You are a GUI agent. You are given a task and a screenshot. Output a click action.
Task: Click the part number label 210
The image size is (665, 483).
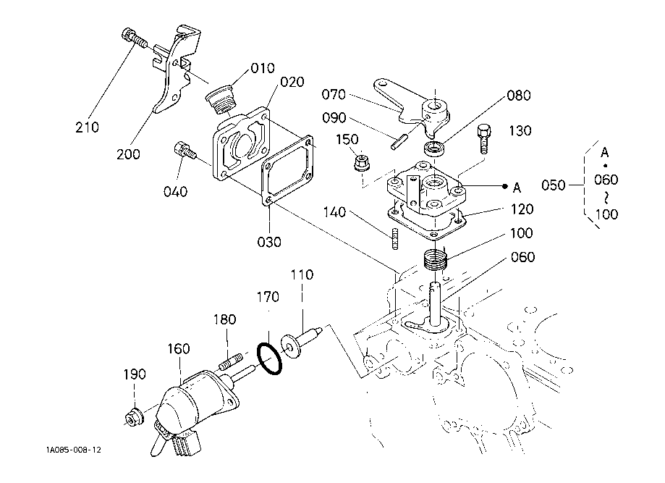pyautogui.click(x=87, y=127)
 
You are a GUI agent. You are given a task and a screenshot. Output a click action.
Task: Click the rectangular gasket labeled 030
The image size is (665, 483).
pyautogui.click(x=287, y=172)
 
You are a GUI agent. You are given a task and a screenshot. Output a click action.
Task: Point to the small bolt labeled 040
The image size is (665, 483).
pyautogui.click(x=185, y=151)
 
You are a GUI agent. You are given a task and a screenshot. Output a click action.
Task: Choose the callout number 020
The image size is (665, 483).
pyautogui.click(x=292, y=82)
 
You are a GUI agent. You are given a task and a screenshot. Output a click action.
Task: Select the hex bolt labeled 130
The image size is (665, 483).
pyautogui.click(x=484, y=139)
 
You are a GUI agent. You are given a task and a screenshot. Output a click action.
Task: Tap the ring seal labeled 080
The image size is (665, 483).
pyautogui.click(x=434, y=148)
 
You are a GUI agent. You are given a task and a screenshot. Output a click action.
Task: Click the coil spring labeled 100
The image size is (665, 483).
pyautogui.click(x=436, y=259)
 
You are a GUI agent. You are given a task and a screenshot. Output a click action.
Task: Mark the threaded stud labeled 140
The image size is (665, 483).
pyautogui.click(x=396, y=238)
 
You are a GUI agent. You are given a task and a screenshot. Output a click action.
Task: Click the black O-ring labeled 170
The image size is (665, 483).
pyautogui.click(x=269, y=359)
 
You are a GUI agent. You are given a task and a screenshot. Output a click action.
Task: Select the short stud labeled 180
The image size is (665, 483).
pyautogui.click(x=231, y=361)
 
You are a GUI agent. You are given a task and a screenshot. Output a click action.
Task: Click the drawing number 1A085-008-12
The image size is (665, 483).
pyautogui.click(x=74, y=450)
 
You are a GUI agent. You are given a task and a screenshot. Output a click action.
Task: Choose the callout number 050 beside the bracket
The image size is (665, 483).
pyautogui.click(x=554, y=185)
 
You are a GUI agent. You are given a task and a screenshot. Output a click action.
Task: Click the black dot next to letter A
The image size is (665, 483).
pyautogui.click(x=504, y=186)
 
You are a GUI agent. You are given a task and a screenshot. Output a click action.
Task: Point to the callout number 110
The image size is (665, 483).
pyautogui.click(x=302, y=274)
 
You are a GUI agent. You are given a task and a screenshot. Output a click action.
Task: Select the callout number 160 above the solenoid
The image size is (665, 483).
pyautogui.click(x=179, y=349)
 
